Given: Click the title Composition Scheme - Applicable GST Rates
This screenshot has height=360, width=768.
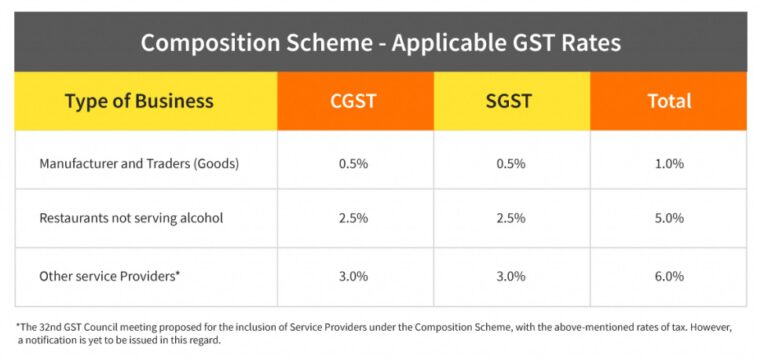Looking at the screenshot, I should [x=380, y=43].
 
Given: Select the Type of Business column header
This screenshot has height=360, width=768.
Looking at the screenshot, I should [x=139, y=101].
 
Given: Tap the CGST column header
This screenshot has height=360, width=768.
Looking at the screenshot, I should [x=354, y=101].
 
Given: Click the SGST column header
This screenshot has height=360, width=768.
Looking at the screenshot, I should [x=510, y=101].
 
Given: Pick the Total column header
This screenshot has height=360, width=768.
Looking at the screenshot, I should [x=667, y=101].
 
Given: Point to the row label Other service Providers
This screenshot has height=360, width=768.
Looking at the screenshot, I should [x=109, y=275].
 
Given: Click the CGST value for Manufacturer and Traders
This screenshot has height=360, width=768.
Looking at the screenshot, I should [x=354, y=162].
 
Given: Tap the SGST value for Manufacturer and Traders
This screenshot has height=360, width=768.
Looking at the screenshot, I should [x=510, y=162].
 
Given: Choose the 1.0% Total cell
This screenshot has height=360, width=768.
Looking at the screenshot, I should [x=667, y=162].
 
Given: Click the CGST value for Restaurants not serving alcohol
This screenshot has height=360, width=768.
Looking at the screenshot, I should [x=354, y=217].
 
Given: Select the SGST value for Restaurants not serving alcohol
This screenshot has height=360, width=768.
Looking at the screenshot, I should [x=510, y=217].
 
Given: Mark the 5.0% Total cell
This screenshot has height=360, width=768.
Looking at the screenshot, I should [x=667, y=217].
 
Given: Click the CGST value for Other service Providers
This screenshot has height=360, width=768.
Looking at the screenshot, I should [x=354, y=275].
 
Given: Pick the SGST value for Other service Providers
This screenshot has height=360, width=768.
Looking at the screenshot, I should [x=510, y=275].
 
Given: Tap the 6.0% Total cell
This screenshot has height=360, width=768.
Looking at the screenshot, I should [x=667, y=275].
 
